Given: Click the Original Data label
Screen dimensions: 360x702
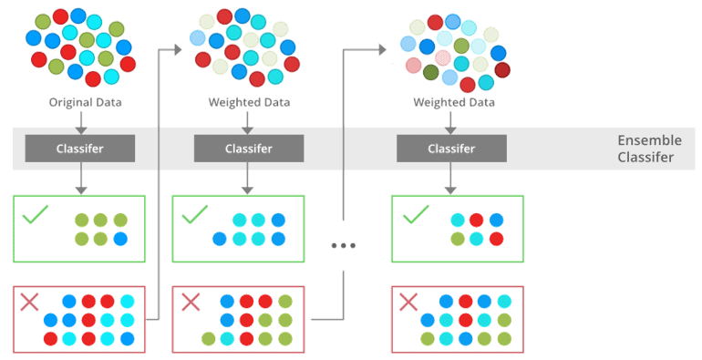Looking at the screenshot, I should [85, 102].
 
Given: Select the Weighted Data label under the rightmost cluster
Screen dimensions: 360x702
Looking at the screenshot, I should [453, 102].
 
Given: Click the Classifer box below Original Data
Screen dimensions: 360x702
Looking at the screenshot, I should [80, 148].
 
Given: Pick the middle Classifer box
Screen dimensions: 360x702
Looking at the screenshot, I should [249, 148].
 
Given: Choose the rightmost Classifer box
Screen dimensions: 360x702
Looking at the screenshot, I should [451, 148].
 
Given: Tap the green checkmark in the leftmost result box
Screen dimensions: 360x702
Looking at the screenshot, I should [35, 216].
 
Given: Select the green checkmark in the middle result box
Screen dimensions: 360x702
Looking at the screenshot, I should [194, 216].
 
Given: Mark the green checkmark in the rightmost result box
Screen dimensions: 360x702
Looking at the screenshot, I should [415, 216].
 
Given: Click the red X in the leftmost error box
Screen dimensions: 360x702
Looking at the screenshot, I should [32, 302].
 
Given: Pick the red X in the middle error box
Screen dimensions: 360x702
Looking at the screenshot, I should [191, 302].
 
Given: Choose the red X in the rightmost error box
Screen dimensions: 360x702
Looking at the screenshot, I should [409, 302].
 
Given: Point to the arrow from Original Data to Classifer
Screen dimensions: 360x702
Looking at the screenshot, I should [81, 121].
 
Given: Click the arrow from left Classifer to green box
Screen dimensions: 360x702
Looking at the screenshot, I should [81, 180].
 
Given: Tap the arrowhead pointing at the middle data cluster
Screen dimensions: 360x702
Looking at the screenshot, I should [179, 49].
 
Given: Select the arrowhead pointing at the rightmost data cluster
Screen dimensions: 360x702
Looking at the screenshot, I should [383, 49].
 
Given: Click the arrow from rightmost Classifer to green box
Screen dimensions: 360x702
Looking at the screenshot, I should [449, 180].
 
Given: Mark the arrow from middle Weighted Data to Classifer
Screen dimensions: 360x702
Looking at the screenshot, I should [247, 121].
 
